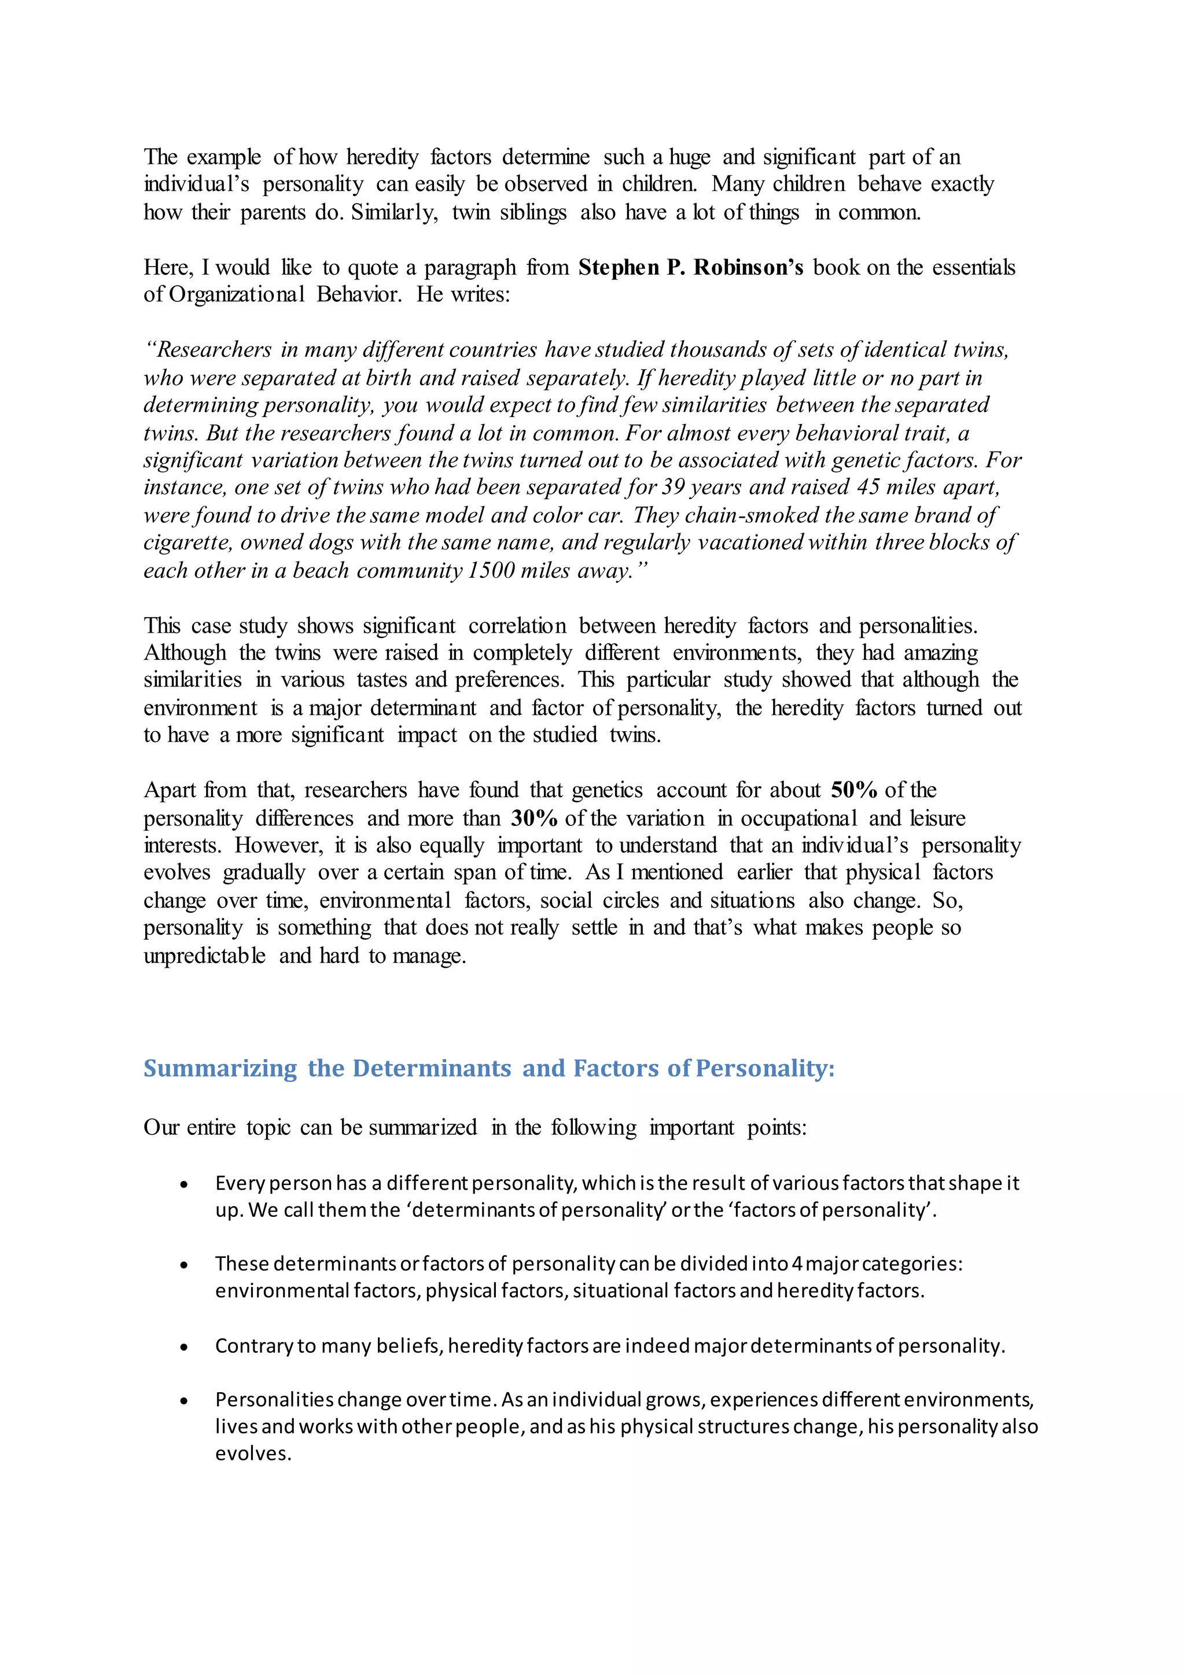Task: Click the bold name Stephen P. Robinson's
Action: coord(690,268)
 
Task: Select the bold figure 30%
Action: coord(534,818)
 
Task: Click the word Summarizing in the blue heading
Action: coord(220,1068)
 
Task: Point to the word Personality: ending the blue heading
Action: coord(766,1068)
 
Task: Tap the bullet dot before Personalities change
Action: coord(185,1401)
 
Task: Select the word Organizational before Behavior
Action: coord(237,295)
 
